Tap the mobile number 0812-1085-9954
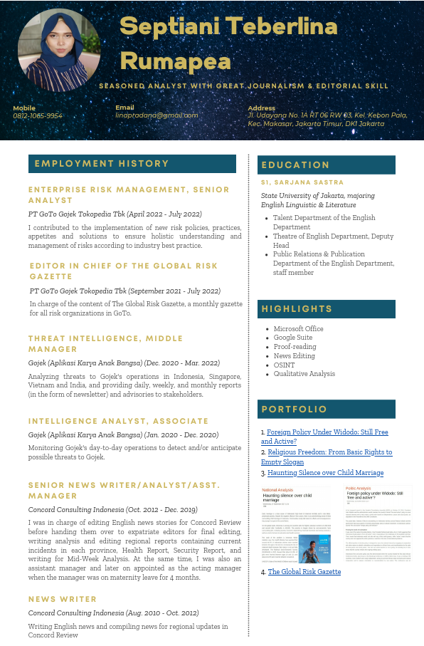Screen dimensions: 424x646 (x=38, y=115)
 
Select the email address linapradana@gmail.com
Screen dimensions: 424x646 (x=157, y=115)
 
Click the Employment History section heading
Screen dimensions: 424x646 (x=102, y=164)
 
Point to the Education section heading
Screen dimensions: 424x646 (x=296, y=165)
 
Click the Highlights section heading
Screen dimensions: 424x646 (x=297, y=309)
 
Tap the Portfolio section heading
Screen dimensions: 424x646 (x=295, y=410)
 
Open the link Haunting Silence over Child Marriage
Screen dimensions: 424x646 (x=325, y=473)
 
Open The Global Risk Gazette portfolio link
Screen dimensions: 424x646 (x=304, y=572)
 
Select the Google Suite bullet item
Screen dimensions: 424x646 (x=292, y=338)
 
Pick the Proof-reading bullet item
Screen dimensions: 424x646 (x=295, y=347)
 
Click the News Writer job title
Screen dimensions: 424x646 (x=63, y=600)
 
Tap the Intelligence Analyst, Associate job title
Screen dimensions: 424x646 (x=119, y=421)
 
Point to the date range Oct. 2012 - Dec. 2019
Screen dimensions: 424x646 (x=159, y=510)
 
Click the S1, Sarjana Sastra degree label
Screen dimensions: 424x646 (x=302, y=183)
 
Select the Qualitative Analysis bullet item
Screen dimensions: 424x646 (x=304, y=374)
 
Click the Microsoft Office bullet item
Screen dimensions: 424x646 (x=298, y=329)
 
